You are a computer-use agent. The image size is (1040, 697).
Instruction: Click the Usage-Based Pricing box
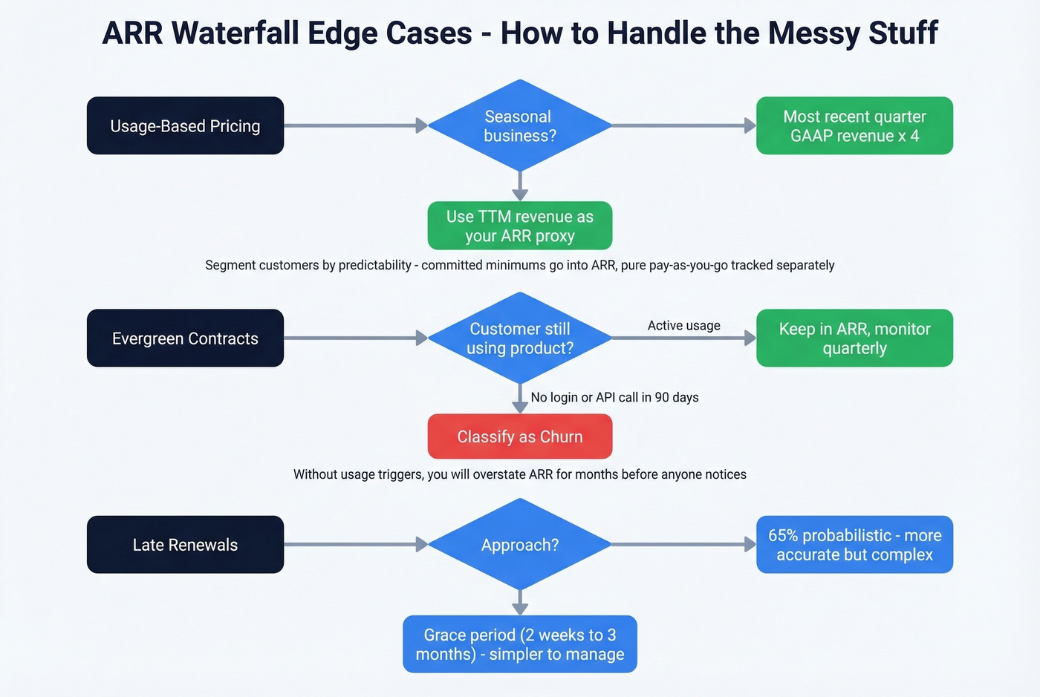185,125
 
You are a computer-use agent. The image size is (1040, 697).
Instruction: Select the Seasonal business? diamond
519,125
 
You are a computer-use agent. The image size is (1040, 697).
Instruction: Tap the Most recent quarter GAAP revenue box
854,125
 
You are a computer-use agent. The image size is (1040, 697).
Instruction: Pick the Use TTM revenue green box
519,226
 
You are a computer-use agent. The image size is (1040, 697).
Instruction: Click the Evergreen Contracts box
185,338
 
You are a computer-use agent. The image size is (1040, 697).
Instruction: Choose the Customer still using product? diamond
519,338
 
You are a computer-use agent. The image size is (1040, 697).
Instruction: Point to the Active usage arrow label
683,325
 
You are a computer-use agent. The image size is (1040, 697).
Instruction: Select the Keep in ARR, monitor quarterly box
854,338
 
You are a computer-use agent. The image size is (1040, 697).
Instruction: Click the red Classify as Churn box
519,436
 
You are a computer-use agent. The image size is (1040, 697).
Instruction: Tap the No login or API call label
614,397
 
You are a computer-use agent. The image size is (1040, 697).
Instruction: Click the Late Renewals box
185,544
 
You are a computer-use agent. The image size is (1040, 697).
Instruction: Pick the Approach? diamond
519,544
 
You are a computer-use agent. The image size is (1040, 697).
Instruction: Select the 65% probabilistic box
854,544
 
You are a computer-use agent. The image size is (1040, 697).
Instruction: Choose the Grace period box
519,644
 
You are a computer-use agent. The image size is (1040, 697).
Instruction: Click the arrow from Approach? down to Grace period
520,601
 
